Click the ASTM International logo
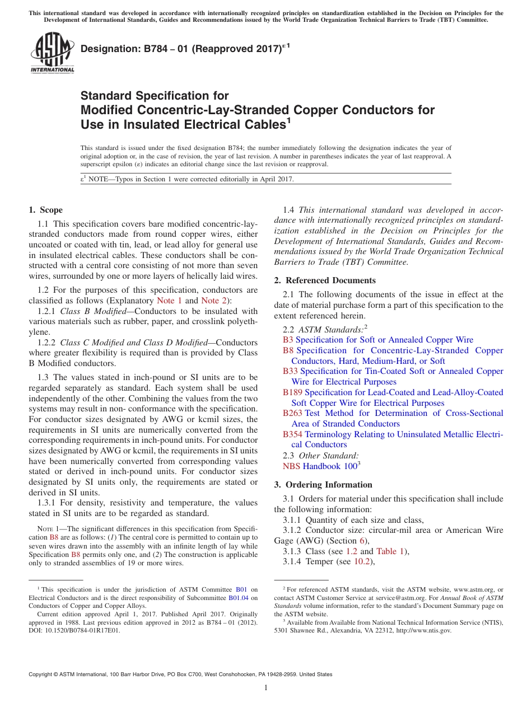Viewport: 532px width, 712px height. coord(52,54)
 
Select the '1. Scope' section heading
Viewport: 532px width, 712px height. coord(45,210)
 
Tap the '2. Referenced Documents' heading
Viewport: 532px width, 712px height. coord(325,280)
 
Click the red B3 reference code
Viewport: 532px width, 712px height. coord(288,340)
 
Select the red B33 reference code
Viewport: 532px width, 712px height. coord(290,371)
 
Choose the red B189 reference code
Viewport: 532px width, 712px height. coord(292,392)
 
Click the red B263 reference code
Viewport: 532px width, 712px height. coord(292,413)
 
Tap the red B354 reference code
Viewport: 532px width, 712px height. coord(292,434)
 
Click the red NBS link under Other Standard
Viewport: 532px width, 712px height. coord(291,466)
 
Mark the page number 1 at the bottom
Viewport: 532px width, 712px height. coord(266,688)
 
